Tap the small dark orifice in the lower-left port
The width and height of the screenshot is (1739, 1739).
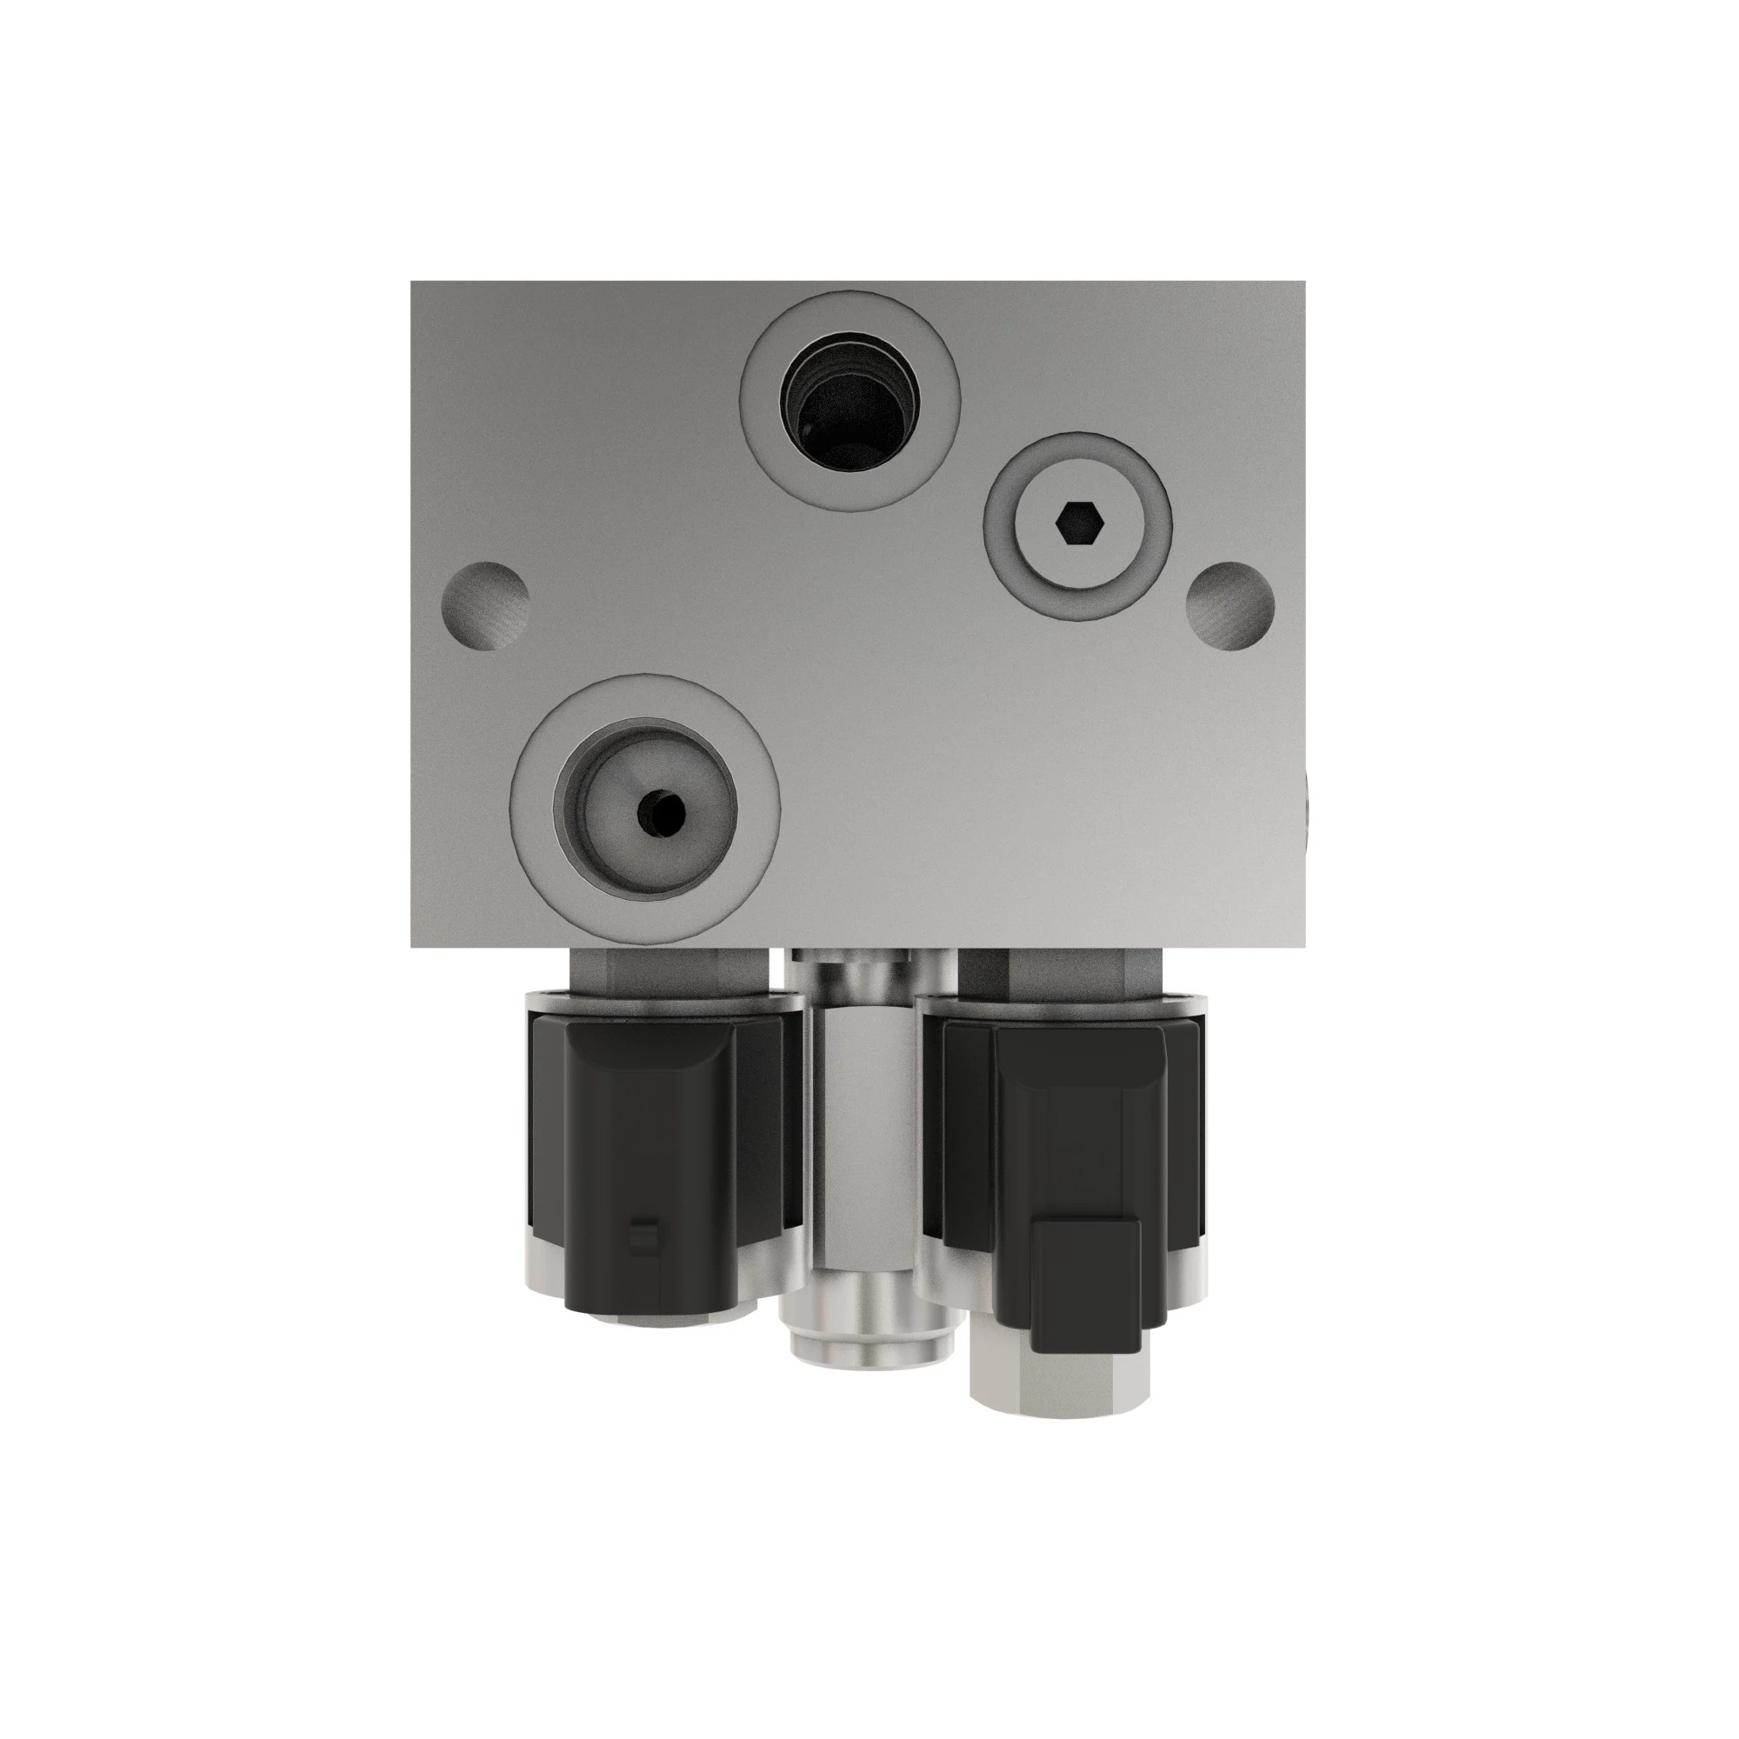pos(660,813)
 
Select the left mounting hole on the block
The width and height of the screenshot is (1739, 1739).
pos(485,607)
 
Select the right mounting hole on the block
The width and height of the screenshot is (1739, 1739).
pos(1229,607)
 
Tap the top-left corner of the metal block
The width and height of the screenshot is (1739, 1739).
pos(413,283)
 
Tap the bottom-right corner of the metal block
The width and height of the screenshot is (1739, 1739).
pos(1303,945)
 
